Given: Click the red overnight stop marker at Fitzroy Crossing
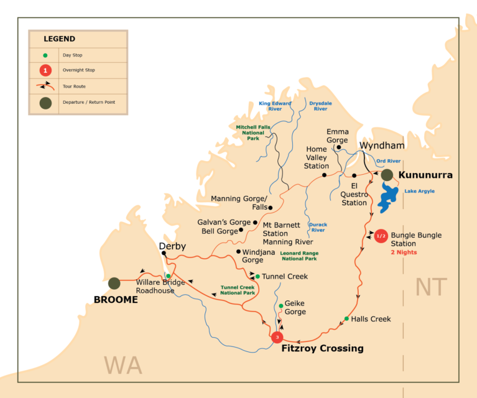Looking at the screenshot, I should tap(277, 337).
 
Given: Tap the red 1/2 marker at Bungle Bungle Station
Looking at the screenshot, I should tap(381, 236).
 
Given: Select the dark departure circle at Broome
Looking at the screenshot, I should tap(114, 284).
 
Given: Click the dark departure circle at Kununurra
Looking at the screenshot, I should tap(387, 175).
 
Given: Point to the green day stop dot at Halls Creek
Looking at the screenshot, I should tap(346, 319).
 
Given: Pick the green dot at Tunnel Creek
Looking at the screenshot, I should tap(257, 276).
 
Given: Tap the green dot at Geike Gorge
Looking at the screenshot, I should tap(280, 305).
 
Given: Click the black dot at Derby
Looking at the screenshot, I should tap(164, 253).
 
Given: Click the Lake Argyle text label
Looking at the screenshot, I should tap(420, 191).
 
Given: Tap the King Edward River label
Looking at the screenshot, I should tap(274, 105).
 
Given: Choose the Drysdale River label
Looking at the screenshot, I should tap(321, 105).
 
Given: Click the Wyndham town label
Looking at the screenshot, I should tap(382, 146).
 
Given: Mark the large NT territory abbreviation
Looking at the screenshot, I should tap(432, 287).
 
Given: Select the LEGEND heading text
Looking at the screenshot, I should tap(59, 39).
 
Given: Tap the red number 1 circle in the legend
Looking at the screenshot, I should tap(45, 70).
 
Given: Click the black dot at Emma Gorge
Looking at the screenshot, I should tap(330, 147).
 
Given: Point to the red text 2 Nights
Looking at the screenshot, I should tap(404, 252).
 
